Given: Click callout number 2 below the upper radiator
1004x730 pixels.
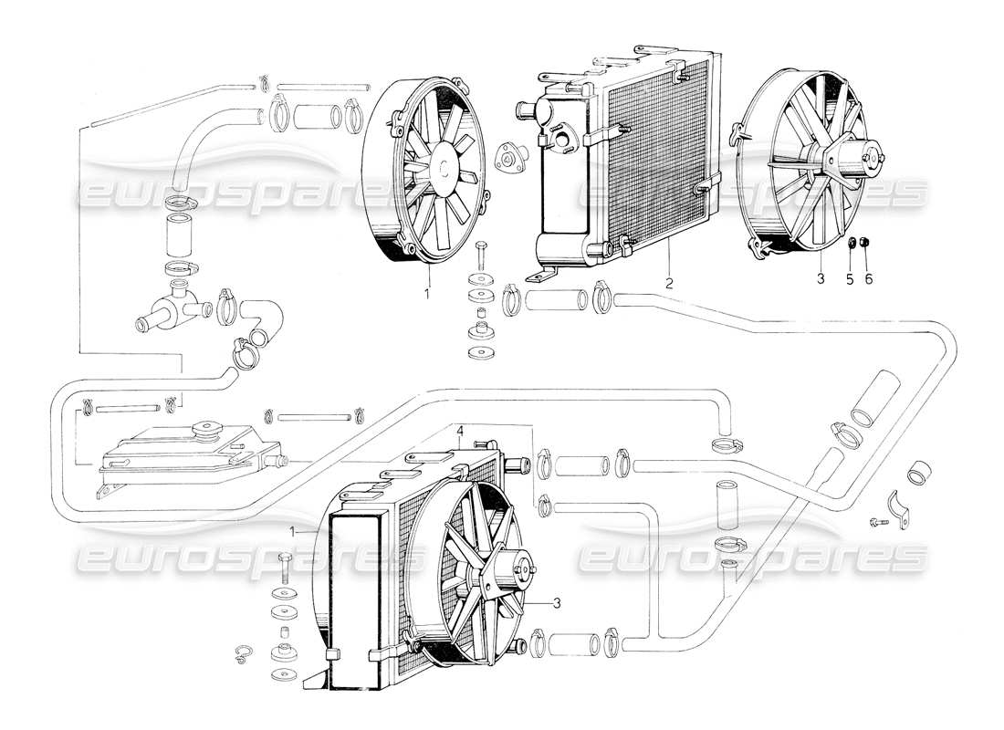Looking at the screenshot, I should click(669, 284).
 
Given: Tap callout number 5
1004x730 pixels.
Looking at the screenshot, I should click(850, 279).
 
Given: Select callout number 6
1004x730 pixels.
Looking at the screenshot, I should click(868, 279).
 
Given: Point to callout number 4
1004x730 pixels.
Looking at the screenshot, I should click(461, 430).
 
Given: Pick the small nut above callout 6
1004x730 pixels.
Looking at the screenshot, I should click(866, 244).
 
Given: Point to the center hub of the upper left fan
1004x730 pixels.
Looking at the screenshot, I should click(443, 167).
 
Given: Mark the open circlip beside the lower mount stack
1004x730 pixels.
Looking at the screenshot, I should click(244, 651).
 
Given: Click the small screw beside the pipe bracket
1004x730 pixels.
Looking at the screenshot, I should click(878, 524).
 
